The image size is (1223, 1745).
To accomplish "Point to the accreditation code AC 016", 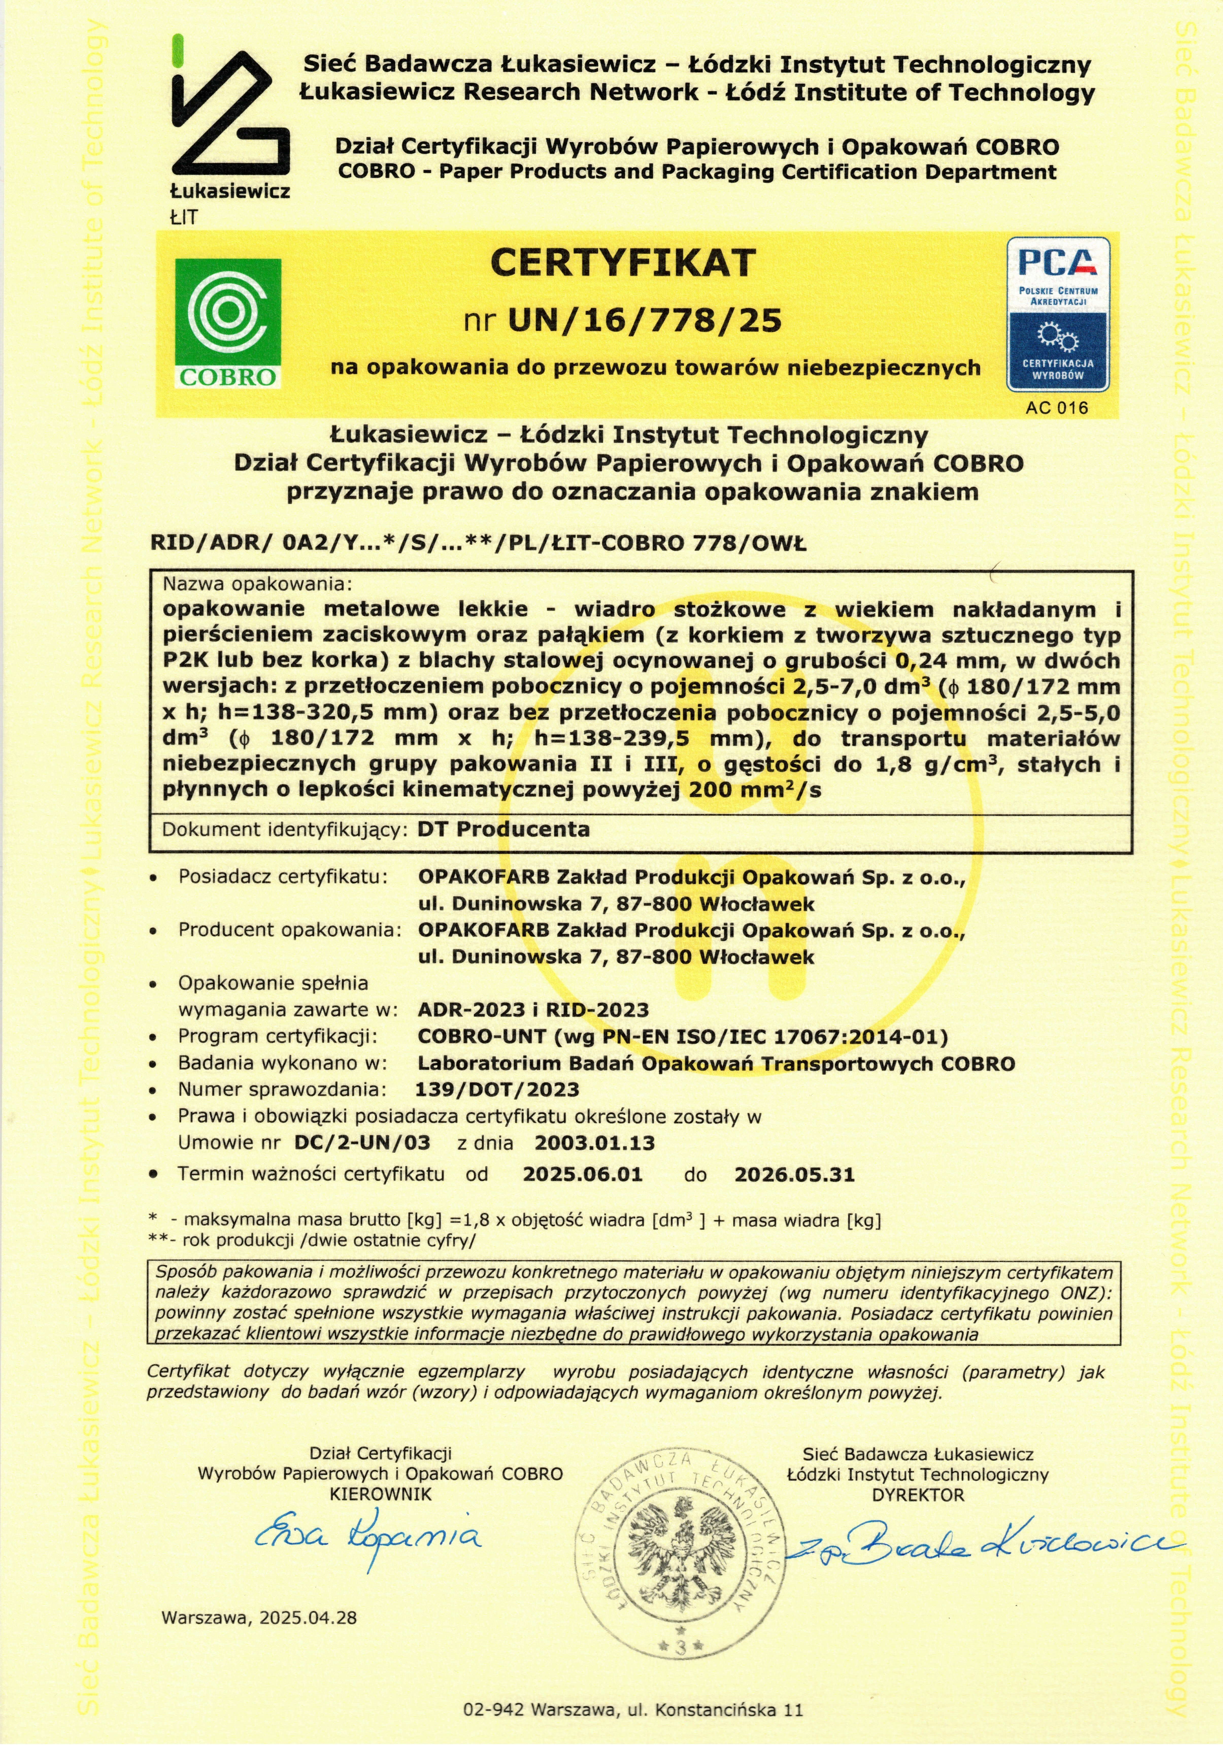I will point(1057,407).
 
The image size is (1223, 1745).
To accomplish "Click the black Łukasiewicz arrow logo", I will point(229,114).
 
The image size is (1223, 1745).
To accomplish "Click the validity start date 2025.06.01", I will point(583,1174).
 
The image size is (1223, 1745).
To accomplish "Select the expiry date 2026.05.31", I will point(794,1174).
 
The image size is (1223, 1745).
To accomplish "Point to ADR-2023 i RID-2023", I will point(533,1010).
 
